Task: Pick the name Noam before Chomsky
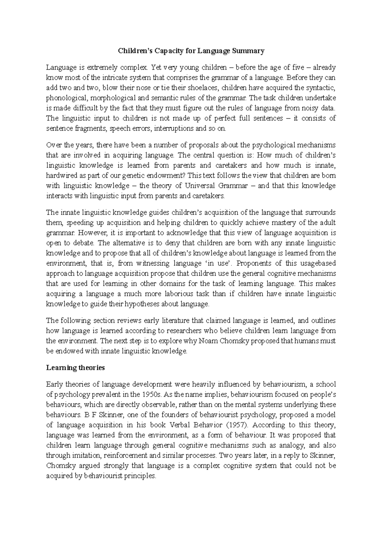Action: coord(207,341)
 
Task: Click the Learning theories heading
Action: coord(75,368)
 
